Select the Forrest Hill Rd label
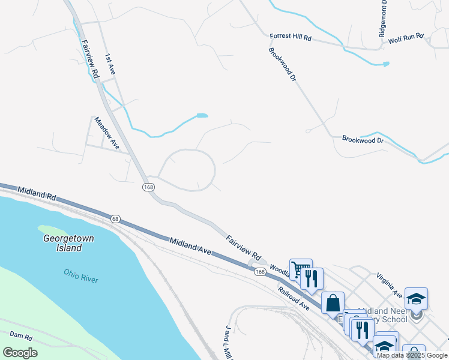tap(291, 37)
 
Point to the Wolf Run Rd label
tap(406, 40)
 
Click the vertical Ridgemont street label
tap(383, 19)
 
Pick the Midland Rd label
tap(37, 193)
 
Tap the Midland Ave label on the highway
tap(190, 247)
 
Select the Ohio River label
tap(81, 276)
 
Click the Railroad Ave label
tap(293, 298)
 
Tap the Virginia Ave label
tap(389, 285)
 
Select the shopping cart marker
tap(301, 269)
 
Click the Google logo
tap(20, 352)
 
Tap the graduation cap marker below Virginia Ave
tap(416, 298)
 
